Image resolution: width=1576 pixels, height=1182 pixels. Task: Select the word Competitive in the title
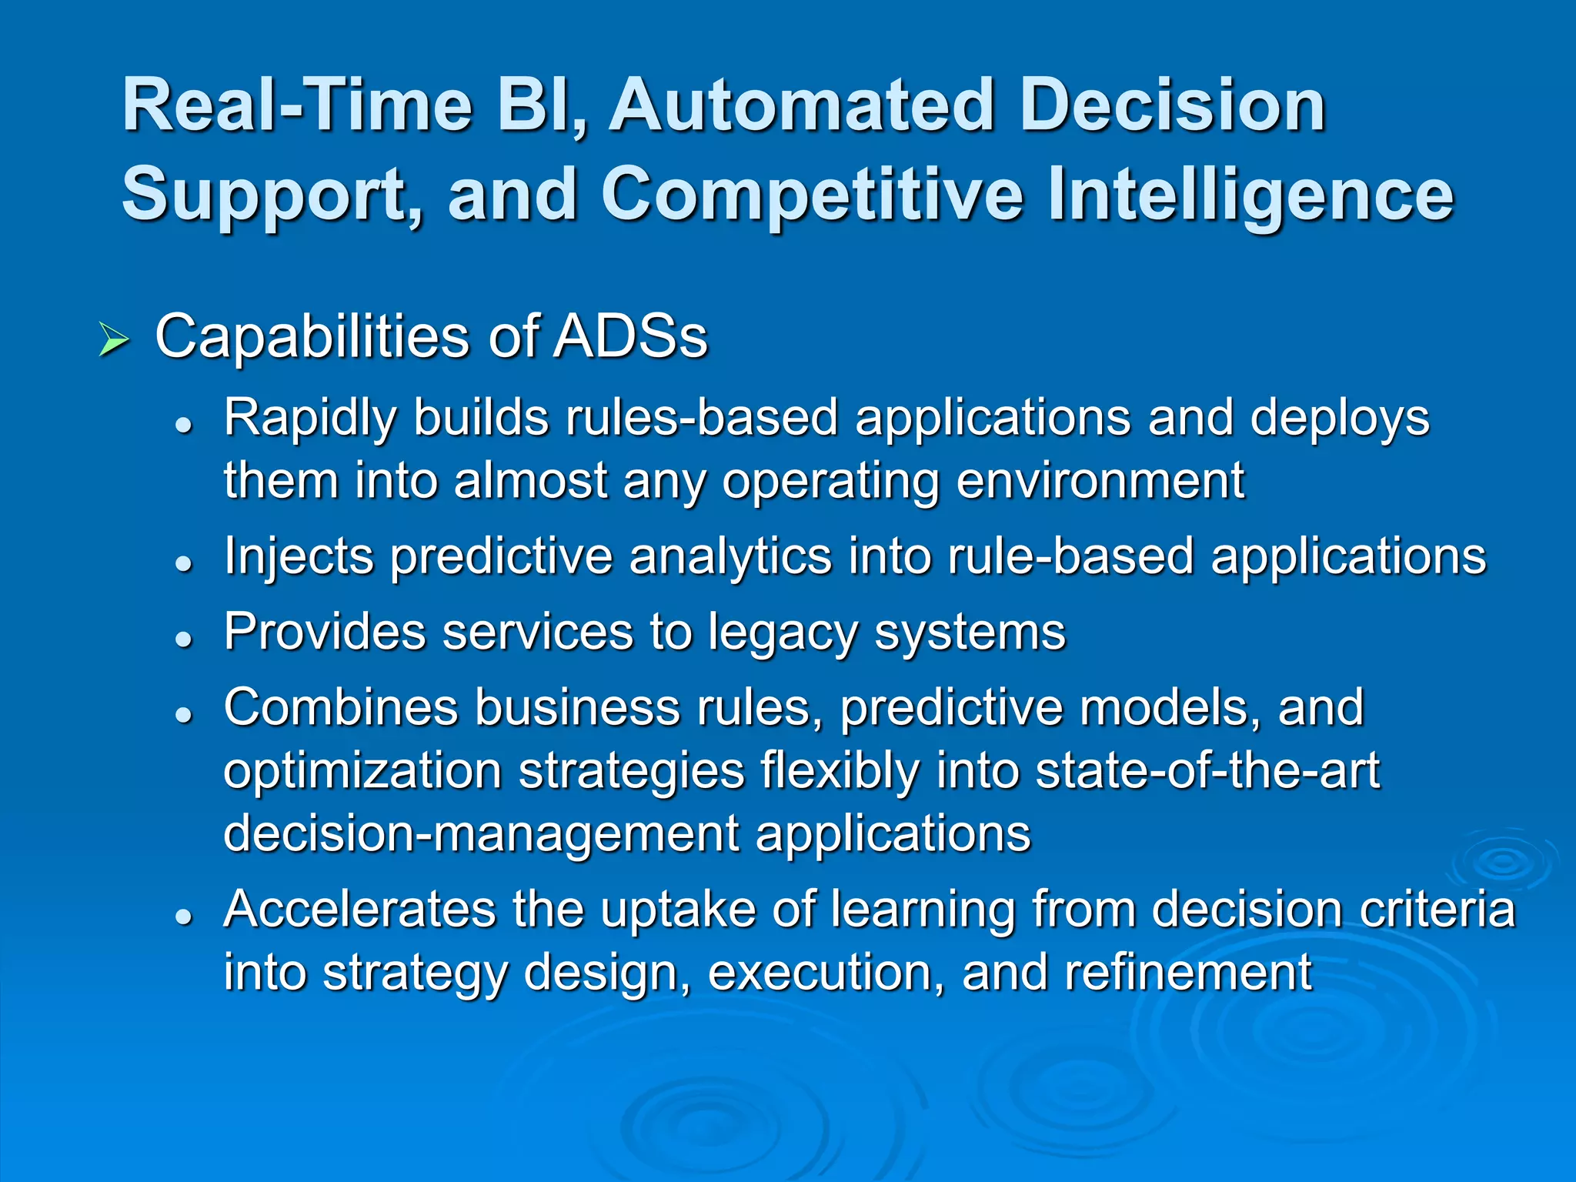coord(812,195)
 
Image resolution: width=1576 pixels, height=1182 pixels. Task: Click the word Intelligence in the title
coord(1250,195)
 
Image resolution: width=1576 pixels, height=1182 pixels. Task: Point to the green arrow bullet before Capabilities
coord(114,339)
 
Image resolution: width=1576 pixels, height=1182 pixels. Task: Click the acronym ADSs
coord(630,337)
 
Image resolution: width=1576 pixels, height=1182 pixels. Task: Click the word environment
coord(1100,481)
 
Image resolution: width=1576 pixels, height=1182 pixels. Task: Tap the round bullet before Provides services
coord(183,638)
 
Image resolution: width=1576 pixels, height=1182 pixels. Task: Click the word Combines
coord(339,707)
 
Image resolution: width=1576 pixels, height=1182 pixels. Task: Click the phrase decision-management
coord(481,834)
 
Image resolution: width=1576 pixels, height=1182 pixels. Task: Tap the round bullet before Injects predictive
coord(183,563)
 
